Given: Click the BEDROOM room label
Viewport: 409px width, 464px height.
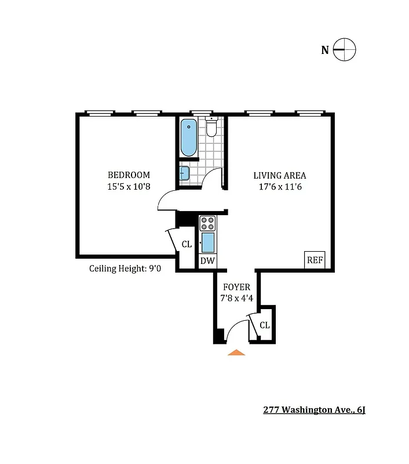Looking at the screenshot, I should [x=129, y=175].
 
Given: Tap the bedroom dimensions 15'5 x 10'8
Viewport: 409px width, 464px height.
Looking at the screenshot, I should [x=129, y=187].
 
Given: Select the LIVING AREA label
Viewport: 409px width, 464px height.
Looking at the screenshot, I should [x=279, y=175].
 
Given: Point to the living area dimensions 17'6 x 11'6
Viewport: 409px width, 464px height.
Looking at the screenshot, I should [x=279, y=187].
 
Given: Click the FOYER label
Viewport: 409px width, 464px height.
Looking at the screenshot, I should [x=236, y=287].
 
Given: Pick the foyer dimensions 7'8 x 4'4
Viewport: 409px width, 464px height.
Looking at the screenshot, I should [x=236, y=299].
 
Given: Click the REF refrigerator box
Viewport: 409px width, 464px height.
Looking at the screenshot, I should [x=315, y=260].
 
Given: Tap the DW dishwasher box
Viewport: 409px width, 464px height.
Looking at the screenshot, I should [x=207, y=261].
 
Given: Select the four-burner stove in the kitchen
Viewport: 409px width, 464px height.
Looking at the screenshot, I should [x=207, y=223].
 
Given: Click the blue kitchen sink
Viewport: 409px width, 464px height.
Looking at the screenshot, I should [x=207, y=241].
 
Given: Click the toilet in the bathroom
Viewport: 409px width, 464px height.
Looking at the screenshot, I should [x=211, y=127].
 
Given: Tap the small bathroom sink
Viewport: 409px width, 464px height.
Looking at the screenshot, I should [x=185, y=173].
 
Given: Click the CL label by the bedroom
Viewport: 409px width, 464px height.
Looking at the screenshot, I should [x=187, y=245].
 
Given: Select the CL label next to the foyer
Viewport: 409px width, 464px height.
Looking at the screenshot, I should [x=265, y=325].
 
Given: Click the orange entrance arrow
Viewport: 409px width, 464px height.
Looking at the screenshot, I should [x=236, y=351].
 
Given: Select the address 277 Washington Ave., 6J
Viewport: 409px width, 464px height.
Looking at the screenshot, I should [x=314, y=411].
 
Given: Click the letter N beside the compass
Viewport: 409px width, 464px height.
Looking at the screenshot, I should [x=325, y=50].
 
